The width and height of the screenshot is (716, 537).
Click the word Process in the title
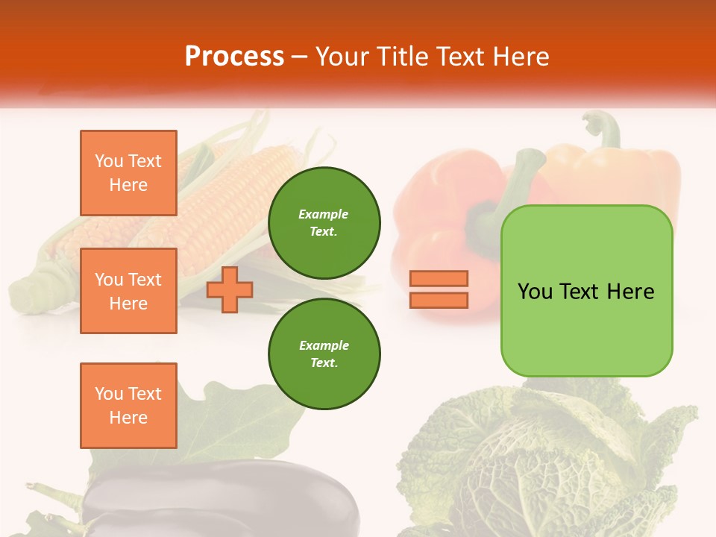pos(234,57)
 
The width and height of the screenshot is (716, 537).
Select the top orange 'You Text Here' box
pos(128,173)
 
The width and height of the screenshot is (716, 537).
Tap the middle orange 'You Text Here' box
pos(128,291)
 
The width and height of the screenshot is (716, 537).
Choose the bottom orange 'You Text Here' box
pos(128,405)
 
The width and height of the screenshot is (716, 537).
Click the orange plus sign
pos(229,290)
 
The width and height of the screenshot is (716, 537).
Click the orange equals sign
pos(439,289)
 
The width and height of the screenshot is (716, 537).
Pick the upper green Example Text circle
pos(324,222)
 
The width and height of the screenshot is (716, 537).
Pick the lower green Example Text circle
pos(324,354)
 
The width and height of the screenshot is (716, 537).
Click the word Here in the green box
pos(631,291)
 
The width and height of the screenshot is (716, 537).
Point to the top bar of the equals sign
pos(439,279)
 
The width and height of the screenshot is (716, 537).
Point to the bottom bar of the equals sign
pos(439,300)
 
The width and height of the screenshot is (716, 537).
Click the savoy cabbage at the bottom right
pos(544,462)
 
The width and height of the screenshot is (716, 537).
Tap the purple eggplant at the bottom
pos(224,500)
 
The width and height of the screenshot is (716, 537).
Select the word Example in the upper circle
pos(323,214)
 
